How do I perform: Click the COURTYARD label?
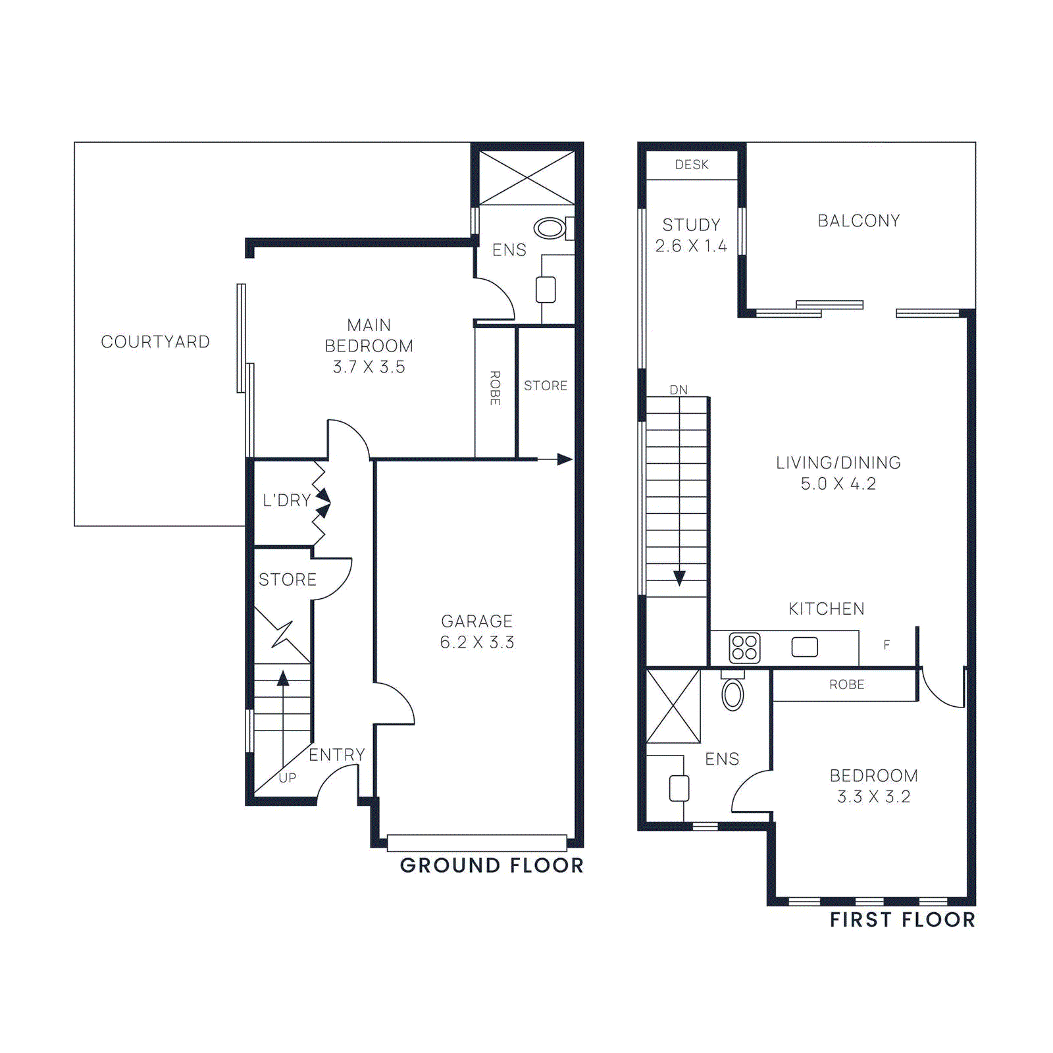coord(155,342)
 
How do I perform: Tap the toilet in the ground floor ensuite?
coord(550,228)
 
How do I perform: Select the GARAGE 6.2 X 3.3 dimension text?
coord(477,642)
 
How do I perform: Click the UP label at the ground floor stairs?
coord(288,777)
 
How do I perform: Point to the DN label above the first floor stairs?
coord(679,390)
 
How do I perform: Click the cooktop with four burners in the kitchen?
coord(744,648)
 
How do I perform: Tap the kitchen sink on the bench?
coord(804,647)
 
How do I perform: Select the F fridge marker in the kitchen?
coord(886,645)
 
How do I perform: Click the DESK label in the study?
coord(692,165)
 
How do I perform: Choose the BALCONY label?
coord(859,220)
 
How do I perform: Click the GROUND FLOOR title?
coord(492,865)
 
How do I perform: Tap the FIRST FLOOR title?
coord(902,919)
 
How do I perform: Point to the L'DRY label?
coord(287,500)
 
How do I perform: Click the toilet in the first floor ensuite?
coord(732,694)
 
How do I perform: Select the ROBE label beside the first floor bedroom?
coord(846,684)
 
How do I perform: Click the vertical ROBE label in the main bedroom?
coord(495,388)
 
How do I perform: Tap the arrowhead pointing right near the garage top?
coord(565,459)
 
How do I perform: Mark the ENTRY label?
coord(337,754)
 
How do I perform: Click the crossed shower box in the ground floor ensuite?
coord(526,178)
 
